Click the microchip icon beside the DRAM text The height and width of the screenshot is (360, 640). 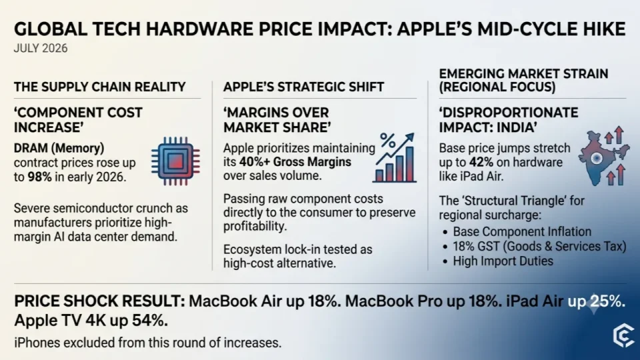[175, 161]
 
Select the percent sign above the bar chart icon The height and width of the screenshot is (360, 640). [388, 141]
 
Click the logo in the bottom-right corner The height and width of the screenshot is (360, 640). [623, 335]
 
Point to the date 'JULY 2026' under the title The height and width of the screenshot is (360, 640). [41, 49]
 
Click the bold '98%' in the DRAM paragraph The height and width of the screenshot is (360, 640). [39, 177]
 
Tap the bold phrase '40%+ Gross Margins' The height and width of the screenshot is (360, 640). [295, 162]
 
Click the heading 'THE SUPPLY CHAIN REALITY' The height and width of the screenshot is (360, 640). [99, 87]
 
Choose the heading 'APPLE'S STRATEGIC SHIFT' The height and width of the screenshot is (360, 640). [304, 87]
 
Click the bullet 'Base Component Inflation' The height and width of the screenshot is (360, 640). [522, 232]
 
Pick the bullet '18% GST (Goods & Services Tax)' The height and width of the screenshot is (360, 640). [539, 247]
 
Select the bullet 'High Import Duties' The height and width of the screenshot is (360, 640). [503, 261]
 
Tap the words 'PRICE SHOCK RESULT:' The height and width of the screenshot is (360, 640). [100, 301]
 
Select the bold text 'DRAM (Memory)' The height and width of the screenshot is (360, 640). [59, 148]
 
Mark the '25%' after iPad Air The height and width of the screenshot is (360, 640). [608, 301]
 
